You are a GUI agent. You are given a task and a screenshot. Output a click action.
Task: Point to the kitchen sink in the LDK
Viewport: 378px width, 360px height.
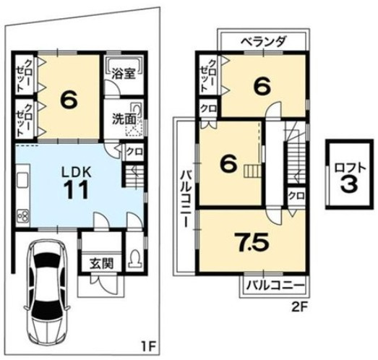21,180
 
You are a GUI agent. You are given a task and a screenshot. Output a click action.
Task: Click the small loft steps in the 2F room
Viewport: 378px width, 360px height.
249,171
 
